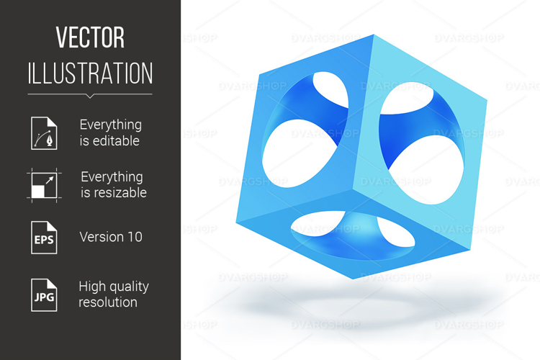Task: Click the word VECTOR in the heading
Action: click(90, 38)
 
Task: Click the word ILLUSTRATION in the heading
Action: click(90, 73)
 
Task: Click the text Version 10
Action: click(111, 237)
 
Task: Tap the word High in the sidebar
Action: click(94, 286)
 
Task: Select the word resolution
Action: click(108, 302)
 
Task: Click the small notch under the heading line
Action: click(90, 96)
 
